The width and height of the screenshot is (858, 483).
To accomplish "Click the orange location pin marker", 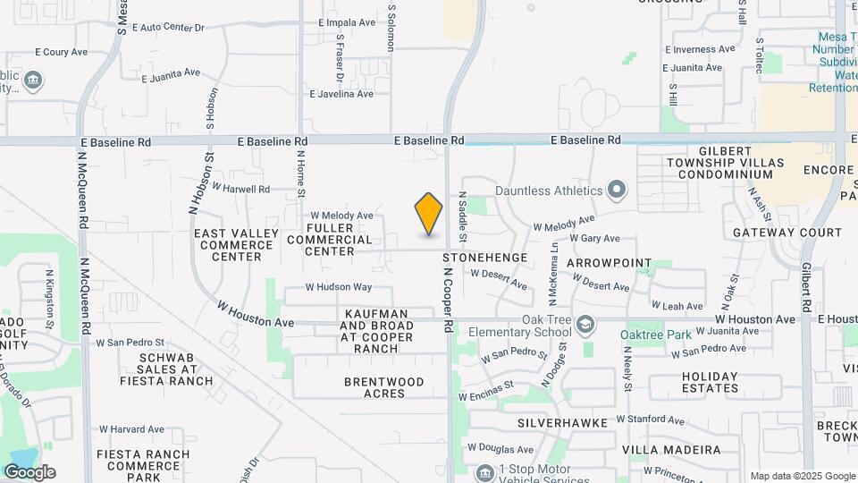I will click(429, 214).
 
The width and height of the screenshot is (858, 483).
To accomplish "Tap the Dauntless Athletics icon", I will click(616, 190).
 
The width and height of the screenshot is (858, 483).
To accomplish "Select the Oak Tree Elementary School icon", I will click(585, 323).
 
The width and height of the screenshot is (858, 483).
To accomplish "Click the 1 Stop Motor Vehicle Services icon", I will click(484, 472).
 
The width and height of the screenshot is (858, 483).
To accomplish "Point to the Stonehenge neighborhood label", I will click(485, 258).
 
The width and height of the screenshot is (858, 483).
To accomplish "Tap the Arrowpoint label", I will click(610, 265).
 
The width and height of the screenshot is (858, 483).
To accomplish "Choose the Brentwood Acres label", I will click(384, 387).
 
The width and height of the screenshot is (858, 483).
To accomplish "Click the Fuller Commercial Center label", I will click(330, 240).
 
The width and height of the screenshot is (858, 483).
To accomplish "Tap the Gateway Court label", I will click(787, 233).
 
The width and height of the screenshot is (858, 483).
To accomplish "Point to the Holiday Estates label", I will click(711, 382).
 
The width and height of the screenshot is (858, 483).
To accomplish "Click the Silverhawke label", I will click(562, 421).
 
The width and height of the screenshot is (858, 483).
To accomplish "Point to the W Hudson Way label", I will click(338, 287).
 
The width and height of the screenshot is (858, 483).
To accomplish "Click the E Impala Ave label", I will click(348, 23).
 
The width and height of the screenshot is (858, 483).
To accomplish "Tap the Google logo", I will click(29, 472).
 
